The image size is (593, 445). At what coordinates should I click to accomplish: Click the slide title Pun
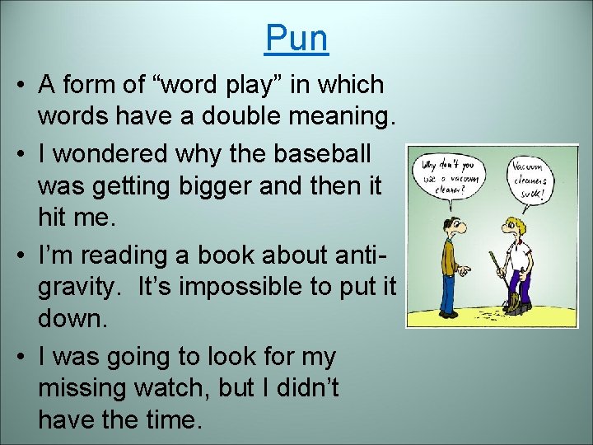pos(296,38)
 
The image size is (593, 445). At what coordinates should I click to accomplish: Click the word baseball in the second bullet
pos(325,153)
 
